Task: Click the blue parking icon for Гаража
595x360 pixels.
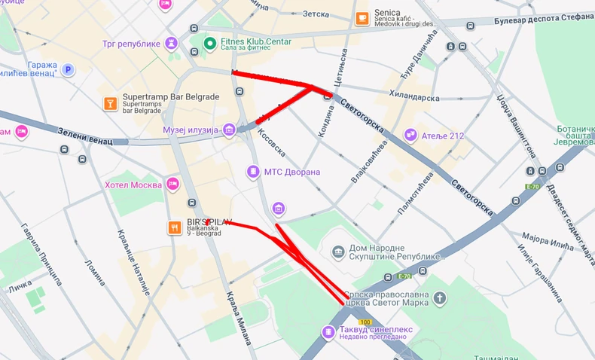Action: click(69, 70)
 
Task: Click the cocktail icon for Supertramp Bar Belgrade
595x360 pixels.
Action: click(110, 102)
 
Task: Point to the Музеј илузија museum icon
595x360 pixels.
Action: click(229, 130)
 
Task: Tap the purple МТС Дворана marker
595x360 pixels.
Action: click(252, 172)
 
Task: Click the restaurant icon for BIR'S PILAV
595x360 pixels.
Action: click(175, 227)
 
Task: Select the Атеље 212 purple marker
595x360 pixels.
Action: click(410, 136)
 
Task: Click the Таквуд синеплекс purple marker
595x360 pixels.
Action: click(328, 332)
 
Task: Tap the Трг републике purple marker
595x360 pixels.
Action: click(172, 43)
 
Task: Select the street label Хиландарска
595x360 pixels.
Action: click(413, 96)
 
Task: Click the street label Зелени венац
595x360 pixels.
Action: click(84, 137)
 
